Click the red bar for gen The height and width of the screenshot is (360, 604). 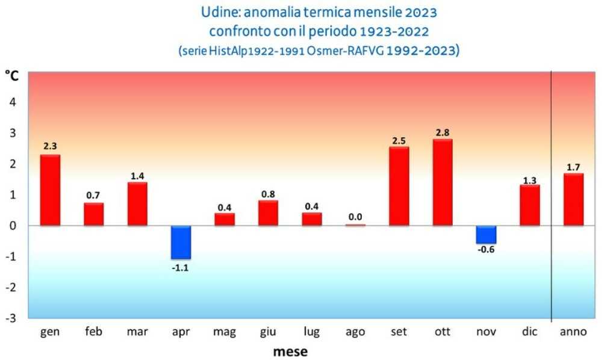(50, 190)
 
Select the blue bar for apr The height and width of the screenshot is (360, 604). (181, 242)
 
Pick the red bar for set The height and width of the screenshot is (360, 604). (399, 187)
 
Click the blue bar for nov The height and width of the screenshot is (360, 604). (485, 234)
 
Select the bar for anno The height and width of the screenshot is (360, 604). (573, 199)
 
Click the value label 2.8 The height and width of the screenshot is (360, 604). (442, 132)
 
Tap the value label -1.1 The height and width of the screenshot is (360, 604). (181, 268)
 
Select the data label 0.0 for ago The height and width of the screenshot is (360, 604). (355, 217)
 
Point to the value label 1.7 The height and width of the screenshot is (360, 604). (573, 166)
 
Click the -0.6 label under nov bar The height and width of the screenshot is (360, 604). (485, 250)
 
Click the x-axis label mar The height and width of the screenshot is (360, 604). (137, 332)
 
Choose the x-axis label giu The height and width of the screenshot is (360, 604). (268, 332)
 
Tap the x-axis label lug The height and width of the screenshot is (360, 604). (312, 332)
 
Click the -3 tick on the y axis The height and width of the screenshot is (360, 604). (10, 318)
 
